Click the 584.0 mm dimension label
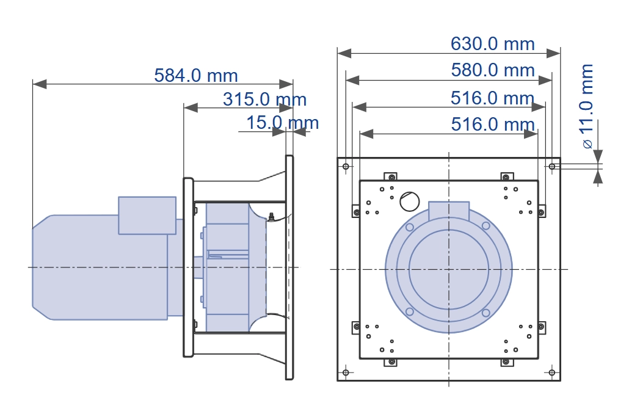[x=196, y=76]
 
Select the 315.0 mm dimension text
[x=265, y=99]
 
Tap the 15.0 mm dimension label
[x=282, y=122]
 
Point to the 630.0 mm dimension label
[x=493, y=44]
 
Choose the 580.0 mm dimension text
[x=493, y=70]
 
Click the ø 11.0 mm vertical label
[x=587, y=106]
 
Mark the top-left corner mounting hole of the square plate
[x=346, y=166]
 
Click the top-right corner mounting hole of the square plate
[x=552, y=166]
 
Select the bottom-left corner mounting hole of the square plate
[x=346, y=372]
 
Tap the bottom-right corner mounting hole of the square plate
[x=552, y=372]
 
